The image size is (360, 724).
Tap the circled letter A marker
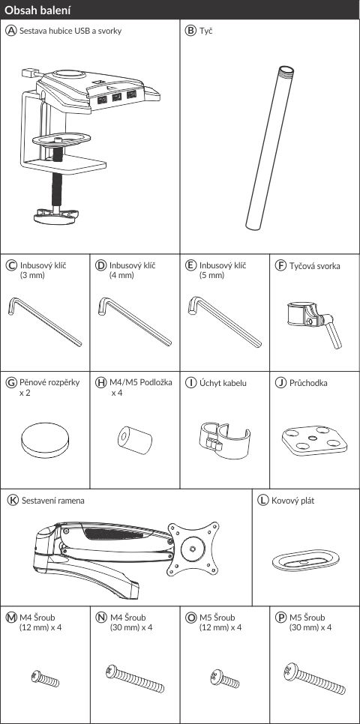point(10,31)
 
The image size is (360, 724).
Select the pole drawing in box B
point(270,148)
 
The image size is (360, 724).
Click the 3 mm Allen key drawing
point(45,322)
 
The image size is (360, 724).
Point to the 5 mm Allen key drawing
point(224,322)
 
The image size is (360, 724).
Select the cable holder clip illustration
point(221,440)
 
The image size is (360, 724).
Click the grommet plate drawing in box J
point(314,441)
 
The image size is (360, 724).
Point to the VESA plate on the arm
point(193,549)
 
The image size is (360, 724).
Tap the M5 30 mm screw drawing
point(314,679)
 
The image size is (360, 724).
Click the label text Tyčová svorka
point(315,266)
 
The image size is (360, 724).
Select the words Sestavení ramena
point(52,500)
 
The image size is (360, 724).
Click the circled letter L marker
point(262,501)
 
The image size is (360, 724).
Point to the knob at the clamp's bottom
point(55,216)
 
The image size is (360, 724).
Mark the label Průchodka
point(308,383)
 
